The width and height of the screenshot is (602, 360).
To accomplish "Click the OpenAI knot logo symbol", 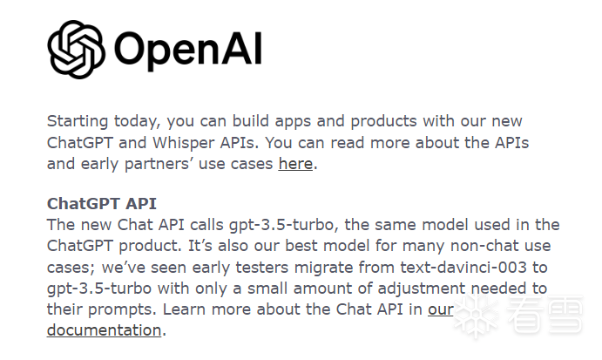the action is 76,49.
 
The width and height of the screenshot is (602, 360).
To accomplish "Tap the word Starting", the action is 78,122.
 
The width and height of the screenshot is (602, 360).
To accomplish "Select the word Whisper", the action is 184,143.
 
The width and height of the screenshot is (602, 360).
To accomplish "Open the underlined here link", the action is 295,164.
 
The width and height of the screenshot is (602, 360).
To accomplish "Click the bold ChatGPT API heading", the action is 102,204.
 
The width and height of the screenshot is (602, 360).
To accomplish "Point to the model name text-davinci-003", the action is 463,267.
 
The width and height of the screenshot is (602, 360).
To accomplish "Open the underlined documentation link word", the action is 104,330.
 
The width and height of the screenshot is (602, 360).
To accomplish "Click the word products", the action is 383,122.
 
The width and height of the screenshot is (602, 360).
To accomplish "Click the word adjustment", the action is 421,289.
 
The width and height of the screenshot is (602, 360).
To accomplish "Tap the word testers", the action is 262,267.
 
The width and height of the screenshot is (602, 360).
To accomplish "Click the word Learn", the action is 184,309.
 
